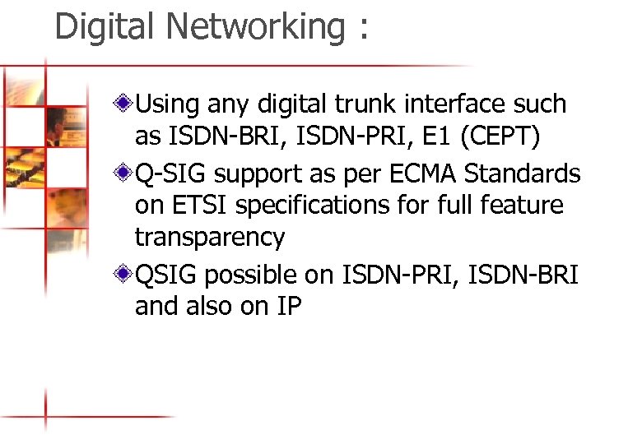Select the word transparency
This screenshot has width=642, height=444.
click(x=210, y=238)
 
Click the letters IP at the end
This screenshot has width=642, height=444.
click(x=290, y=307)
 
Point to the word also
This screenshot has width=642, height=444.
click(x=206, y=307)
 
